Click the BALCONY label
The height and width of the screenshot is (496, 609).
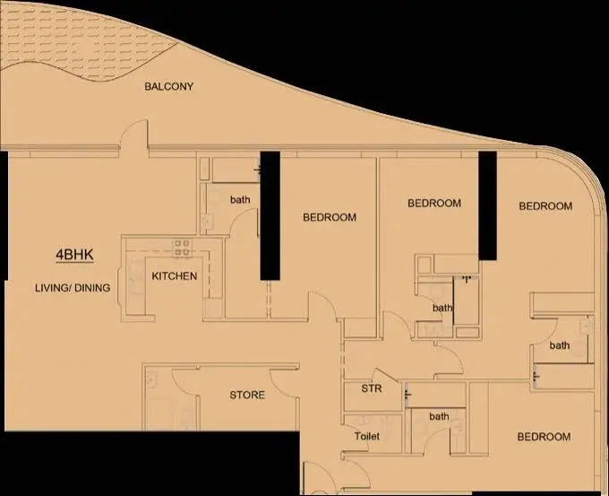pyautogui.click(x=168, y=86)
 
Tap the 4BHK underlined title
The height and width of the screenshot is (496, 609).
pyautogui.click(x=74, y=255)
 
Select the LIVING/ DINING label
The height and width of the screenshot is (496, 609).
pyautogui.click(x=73, y=288)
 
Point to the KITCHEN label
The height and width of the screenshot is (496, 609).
pyautogui.click(x=175, y=276)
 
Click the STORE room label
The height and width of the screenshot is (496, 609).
pyautogui.click(x=247, y=396)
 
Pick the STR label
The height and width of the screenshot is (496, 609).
pyautogui.click(x=372, y=388)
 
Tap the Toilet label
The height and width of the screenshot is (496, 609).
pyautogui.click(x=367, y=436)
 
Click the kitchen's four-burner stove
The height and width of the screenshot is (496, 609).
pyautogui.click(x=182, y=248)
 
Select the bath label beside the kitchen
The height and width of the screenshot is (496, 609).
pyautogui.click(x=240, y=200)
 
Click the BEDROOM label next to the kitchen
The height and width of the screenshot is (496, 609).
pyautogui.click(x=330, y=217)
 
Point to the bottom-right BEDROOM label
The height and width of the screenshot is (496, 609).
pyautogui.click(x=544, y=437)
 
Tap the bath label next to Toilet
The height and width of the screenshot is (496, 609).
pyautogui.click(x=439, y=416)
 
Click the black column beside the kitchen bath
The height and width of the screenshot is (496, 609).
pyautogui.click(x=270, y=215)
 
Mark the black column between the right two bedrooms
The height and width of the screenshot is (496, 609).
pyautogui.click(x=487, y=205)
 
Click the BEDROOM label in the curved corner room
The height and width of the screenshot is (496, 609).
pyautogui.click(x=545, y=205)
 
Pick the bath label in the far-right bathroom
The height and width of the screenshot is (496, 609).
pyautogui.click(x=560, y=345)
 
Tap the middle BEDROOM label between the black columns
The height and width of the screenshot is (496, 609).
pyautogui.click(x=434, y=203)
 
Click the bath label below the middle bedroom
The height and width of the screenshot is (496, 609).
pyautogui.click(x=442, y=308)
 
